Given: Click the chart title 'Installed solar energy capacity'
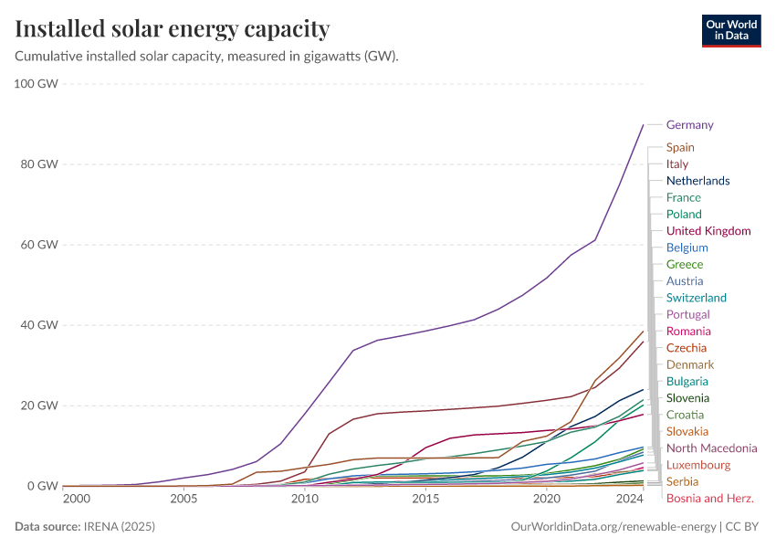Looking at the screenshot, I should [x=173, y=29].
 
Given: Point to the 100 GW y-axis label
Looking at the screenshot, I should [x=37, y=84].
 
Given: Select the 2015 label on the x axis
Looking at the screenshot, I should [x=425, y=500].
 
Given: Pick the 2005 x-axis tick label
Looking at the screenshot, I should [x=184, y=500].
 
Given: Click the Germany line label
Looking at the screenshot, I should [x=689, y=125].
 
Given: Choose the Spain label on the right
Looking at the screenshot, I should [x=680, y=147].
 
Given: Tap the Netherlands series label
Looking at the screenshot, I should [x=697, y=181].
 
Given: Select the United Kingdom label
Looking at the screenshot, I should [x=708, y=231].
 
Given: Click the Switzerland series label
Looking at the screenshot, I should [x=696, y=298].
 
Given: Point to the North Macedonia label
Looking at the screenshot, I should [x=711, y=448].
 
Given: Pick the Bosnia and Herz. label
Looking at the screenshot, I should [x=709, y=499].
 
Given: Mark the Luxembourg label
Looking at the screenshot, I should [x=697, y=465].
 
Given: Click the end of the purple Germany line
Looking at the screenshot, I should [x=644, y=124].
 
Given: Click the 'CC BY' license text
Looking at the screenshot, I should [x=743, y=527].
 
